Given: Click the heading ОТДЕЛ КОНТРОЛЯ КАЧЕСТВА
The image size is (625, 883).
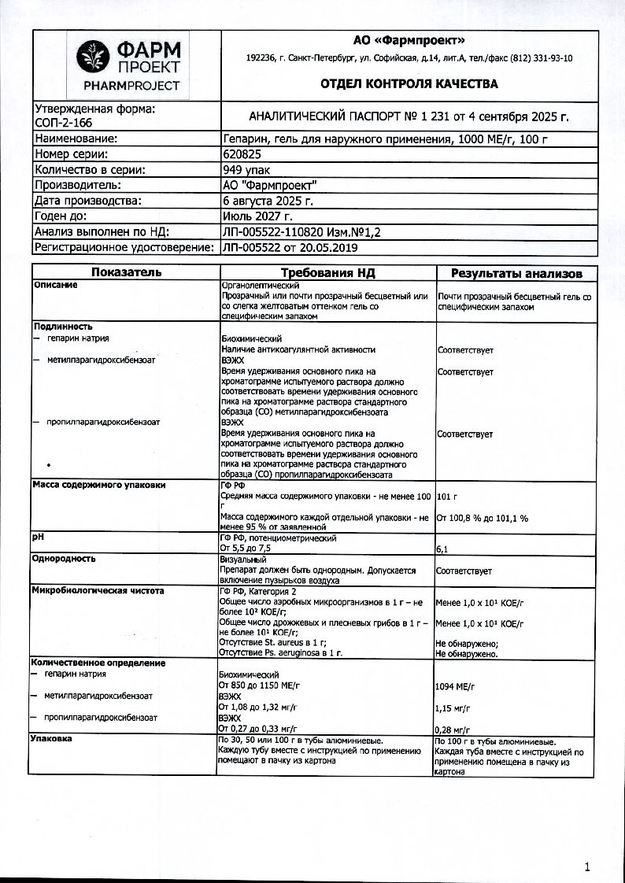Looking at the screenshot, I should (409, 84).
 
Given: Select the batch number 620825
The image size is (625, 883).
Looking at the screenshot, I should (243, 154).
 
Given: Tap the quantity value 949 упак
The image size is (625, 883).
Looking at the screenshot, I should (248, 169).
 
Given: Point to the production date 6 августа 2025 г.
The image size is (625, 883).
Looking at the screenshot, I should (268, 201).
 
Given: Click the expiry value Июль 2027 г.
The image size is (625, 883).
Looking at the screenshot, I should (257, 216).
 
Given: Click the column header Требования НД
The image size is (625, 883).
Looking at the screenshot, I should (327, 273).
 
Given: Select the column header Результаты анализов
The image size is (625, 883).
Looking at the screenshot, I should (516, 274).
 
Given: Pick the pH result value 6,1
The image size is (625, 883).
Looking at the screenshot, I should (442, 548).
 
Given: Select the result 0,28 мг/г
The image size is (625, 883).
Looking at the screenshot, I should (453, 730).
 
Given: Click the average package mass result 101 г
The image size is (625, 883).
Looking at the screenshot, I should (446, 497).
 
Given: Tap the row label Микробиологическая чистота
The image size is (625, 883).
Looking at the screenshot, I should (98, 589).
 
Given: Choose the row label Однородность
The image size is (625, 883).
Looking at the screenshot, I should (64, 559).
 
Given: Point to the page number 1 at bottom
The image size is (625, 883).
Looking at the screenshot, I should (587, 866).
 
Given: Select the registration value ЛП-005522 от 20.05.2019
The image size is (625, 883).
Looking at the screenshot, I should (290, 248).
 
